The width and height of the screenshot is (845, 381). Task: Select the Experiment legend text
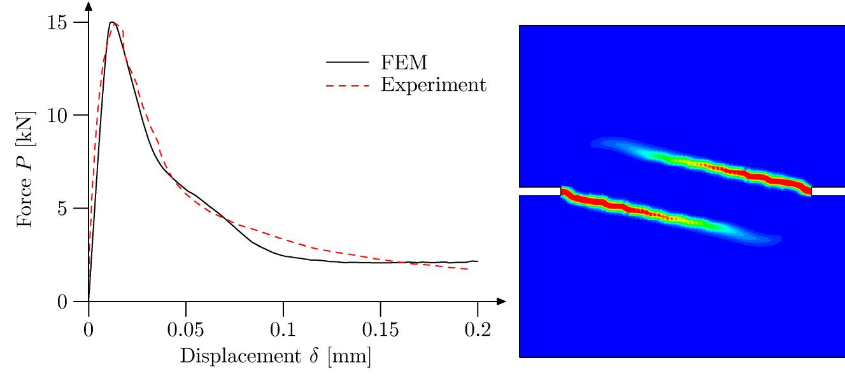(434, 85)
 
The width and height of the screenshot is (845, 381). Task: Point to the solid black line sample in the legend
(348, 63)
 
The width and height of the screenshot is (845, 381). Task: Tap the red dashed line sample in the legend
(348, 85)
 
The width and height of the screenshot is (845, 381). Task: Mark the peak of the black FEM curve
(111, 22)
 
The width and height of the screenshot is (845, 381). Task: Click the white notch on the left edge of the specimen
(540, 191)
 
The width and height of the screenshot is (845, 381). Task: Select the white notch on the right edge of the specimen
(828, 191)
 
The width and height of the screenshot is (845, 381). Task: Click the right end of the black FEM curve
(478, 261)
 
